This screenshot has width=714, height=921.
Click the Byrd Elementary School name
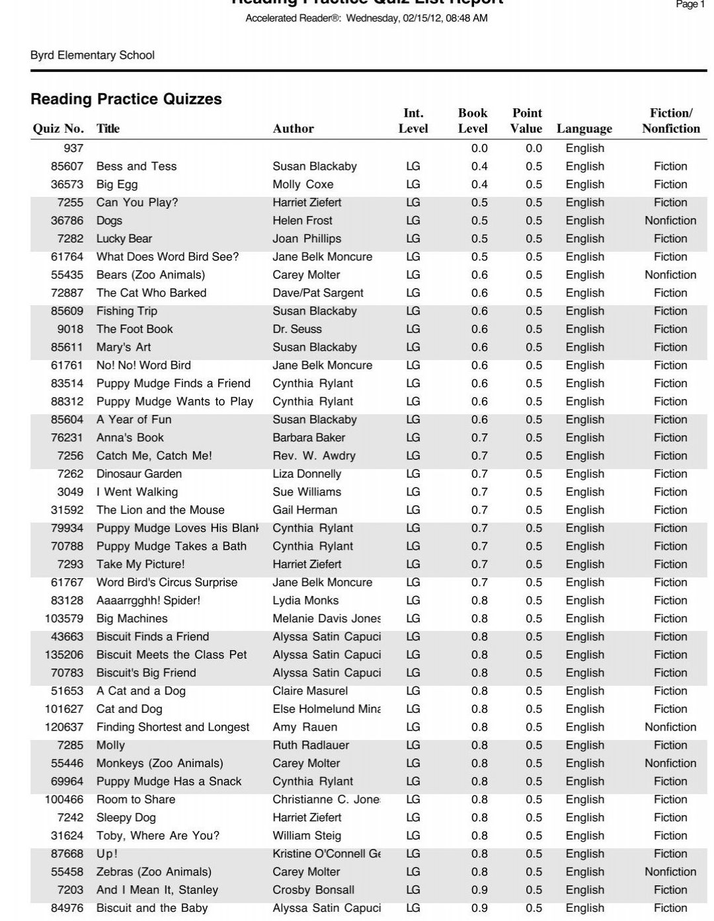pos(93,55)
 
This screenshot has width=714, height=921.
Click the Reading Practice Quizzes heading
pos(126,99)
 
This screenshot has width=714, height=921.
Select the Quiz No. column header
pos(58,129)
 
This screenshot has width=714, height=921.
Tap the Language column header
pos(584,129)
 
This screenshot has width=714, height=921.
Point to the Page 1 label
pos(690,5)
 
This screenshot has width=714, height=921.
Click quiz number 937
pos(73,148)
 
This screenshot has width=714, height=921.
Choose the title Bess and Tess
pos(136,166)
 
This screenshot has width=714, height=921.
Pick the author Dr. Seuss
pos(297,329)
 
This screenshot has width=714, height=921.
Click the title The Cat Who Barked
pos(151,293)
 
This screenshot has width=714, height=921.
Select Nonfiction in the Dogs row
pos(670,221)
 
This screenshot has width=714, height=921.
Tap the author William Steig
pos(307,836)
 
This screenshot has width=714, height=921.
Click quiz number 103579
pos(64,618)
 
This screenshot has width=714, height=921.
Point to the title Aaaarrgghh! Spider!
pos(148,601)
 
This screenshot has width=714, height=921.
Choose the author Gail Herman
pos(305,510)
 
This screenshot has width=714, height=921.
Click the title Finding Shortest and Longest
pos(173,727)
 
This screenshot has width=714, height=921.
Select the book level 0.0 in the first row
pos(479,148)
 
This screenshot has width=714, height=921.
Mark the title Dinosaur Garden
pos(139,474)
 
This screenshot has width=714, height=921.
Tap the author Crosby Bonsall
pos(313,890)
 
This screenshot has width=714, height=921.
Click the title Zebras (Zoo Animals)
pos(154,872)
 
